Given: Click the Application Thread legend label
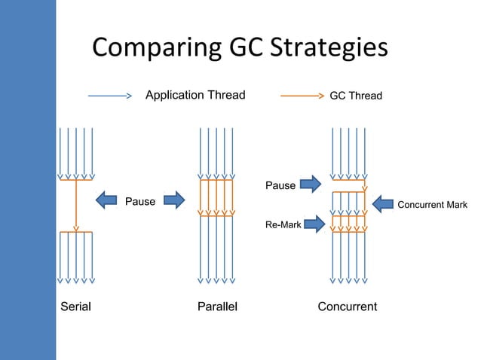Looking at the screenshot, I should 195,95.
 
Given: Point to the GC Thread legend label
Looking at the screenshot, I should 356,96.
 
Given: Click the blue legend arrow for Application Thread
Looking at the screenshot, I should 110,96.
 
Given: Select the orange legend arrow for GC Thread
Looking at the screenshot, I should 302,96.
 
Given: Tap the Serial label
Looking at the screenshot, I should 75,307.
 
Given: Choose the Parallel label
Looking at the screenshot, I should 216,307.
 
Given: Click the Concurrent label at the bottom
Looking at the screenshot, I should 348,307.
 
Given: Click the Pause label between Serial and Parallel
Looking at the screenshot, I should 140,201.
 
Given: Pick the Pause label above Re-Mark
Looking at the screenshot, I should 280,185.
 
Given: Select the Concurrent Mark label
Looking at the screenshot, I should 433,205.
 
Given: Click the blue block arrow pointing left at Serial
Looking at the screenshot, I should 109,200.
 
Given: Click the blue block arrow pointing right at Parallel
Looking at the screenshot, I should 173,200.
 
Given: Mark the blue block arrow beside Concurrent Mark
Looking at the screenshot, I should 384,204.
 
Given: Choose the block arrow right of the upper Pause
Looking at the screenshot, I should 311,183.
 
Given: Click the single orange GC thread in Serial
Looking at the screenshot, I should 76,205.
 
